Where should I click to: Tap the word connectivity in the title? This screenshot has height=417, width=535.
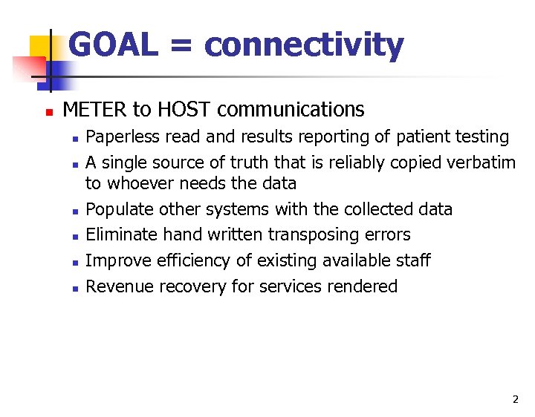click(304, 45)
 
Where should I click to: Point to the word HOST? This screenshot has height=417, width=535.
click(184, 110)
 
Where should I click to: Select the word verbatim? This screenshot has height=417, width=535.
click(483, 162)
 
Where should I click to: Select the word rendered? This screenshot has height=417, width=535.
click(365, 286)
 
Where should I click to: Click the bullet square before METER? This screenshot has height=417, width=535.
click(48, 111)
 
